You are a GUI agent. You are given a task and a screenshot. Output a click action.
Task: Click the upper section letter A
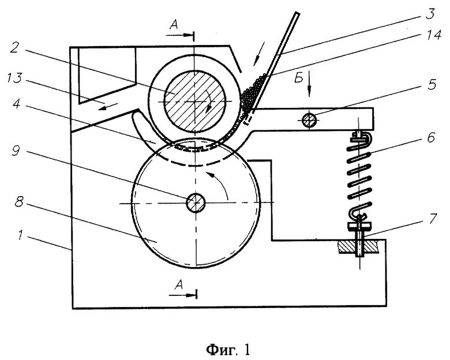(x=175, y=25)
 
